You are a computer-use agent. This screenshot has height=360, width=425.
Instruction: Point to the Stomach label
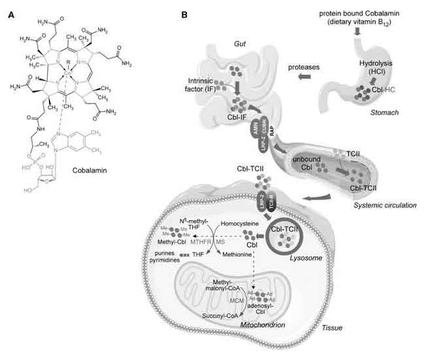pyautogui.click(x=362, y=112)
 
